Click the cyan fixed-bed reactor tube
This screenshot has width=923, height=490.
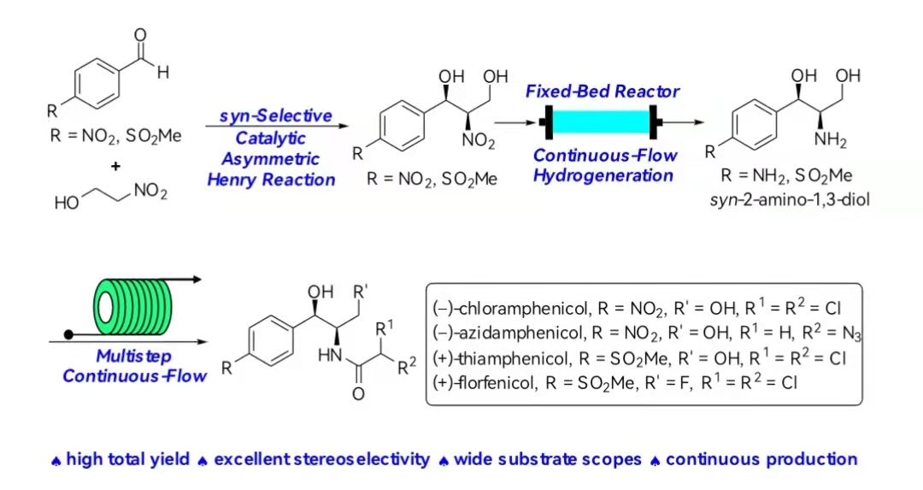coord(602,122)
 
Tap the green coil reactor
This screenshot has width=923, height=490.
coord(132,307)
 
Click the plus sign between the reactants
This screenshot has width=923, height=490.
coord(115,166)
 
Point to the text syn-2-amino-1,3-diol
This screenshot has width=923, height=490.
coord(790,199)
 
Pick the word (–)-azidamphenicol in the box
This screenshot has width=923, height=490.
coord(508,334)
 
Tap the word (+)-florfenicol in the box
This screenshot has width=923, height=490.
coord(484,383)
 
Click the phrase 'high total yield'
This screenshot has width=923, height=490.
coord(127,459)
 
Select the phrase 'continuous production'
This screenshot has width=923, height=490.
coord(761,459)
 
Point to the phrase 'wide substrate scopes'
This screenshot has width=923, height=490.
coord(548,459)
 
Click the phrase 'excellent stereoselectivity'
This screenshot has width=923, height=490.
coord(321,459)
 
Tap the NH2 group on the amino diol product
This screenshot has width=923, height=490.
coord(830,140)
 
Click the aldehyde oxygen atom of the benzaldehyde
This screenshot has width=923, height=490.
coord(140,35)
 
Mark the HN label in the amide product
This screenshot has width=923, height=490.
coord(330,355)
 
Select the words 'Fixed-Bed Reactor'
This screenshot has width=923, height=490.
coord(603,92)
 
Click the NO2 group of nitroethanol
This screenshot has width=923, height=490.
coord(150,192)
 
